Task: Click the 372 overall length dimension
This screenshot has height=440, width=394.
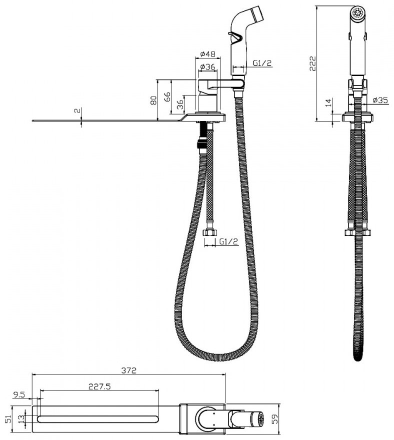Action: coord(129,370)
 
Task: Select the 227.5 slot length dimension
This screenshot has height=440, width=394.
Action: coord(99,386)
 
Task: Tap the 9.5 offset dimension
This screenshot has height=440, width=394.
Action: coord(19,395)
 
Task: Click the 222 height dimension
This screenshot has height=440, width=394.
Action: coord(312,63)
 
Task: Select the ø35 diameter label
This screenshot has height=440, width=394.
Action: coord(380,100)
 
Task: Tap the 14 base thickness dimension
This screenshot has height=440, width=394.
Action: coord(329,102)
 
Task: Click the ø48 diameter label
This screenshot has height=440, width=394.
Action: coord(208,54)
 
